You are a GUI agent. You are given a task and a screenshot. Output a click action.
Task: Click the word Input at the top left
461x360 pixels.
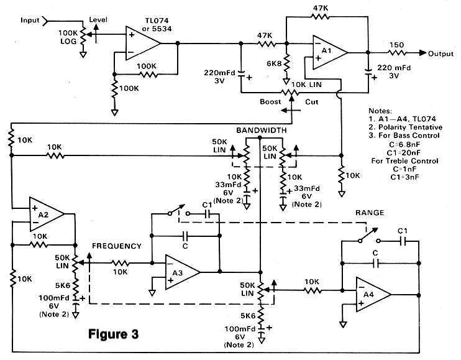(x=30, y=20)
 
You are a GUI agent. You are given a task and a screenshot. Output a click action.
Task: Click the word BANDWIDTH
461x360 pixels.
(x=262, y=131)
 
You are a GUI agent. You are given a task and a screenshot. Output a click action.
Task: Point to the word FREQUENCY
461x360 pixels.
(x=117, y=246)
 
